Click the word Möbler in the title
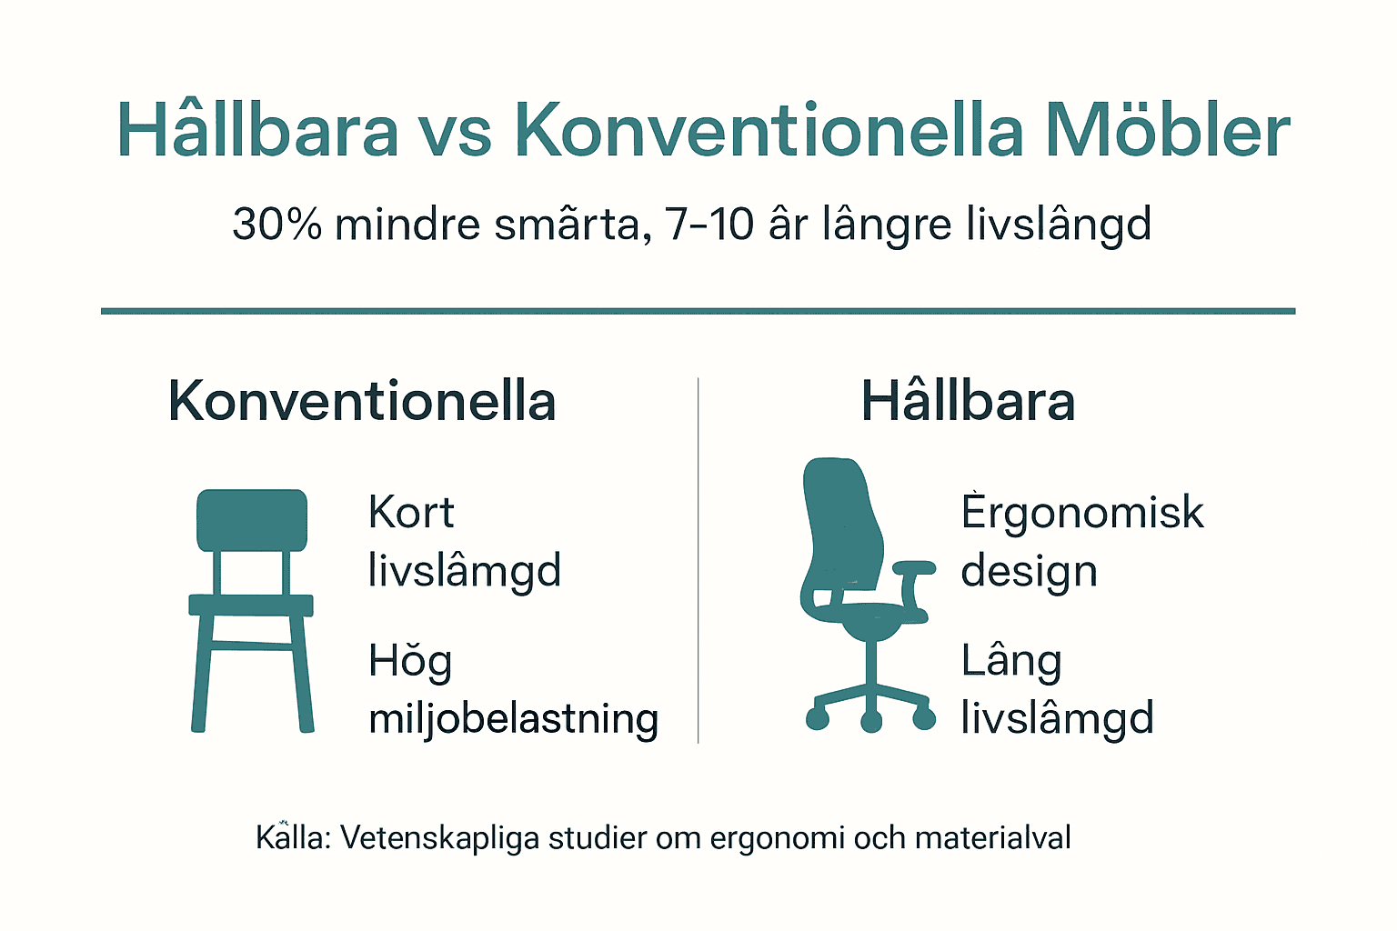click(x=1167, y=131)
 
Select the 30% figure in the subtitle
click(x=276, y=224)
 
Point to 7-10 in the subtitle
click(x=709, y=224)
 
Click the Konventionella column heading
click(x=362, y=401)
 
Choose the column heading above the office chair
click(x=968, y=401)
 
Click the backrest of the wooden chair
click(x=252, y=520)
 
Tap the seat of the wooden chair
click(x=251, y=605)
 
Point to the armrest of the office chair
click(x=914, y=568)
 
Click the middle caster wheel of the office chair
click(x=871, y=722)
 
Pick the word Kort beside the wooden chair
click(x=410, y=513)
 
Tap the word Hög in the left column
click(x=410, y=662)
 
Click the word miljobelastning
click(x=513, y=718)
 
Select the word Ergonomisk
click(x=1081, y=513)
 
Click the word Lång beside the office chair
click(x=1011, y=662)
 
